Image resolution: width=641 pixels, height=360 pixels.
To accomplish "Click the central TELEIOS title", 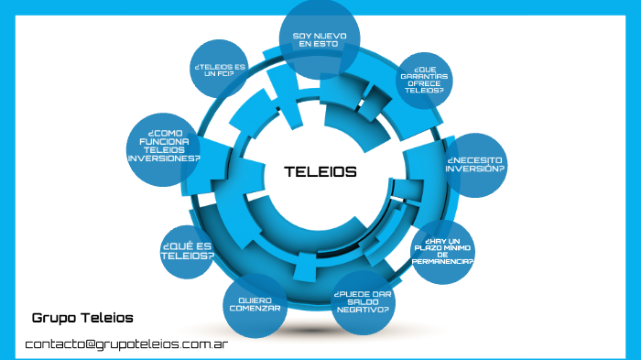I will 320,171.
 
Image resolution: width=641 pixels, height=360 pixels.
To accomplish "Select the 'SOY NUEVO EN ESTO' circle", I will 319,39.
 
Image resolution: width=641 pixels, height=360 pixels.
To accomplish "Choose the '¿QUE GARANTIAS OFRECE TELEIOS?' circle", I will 425,80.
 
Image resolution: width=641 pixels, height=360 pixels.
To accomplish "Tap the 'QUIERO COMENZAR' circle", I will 255,304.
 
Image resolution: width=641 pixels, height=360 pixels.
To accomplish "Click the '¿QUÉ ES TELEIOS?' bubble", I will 188,251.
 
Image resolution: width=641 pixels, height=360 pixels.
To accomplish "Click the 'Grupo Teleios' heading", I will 82,318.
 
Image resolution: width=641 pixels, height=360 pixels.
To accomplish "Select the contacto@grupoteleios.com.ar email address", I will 126,344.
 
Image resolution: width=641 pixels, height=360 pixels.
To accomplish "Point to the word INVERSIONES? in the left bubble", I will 164,158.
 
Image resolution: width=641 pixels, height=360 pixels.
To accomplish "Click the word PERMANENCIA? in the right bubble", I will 442,261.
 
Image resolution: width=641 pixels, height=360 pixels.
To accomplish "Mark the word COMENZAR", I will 255,309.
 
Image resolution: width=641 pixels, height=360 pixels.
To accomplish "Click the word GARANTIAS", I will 425,75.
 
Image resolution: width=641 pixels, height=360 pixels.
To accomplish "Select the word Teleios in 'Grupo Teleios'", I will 105,318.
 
